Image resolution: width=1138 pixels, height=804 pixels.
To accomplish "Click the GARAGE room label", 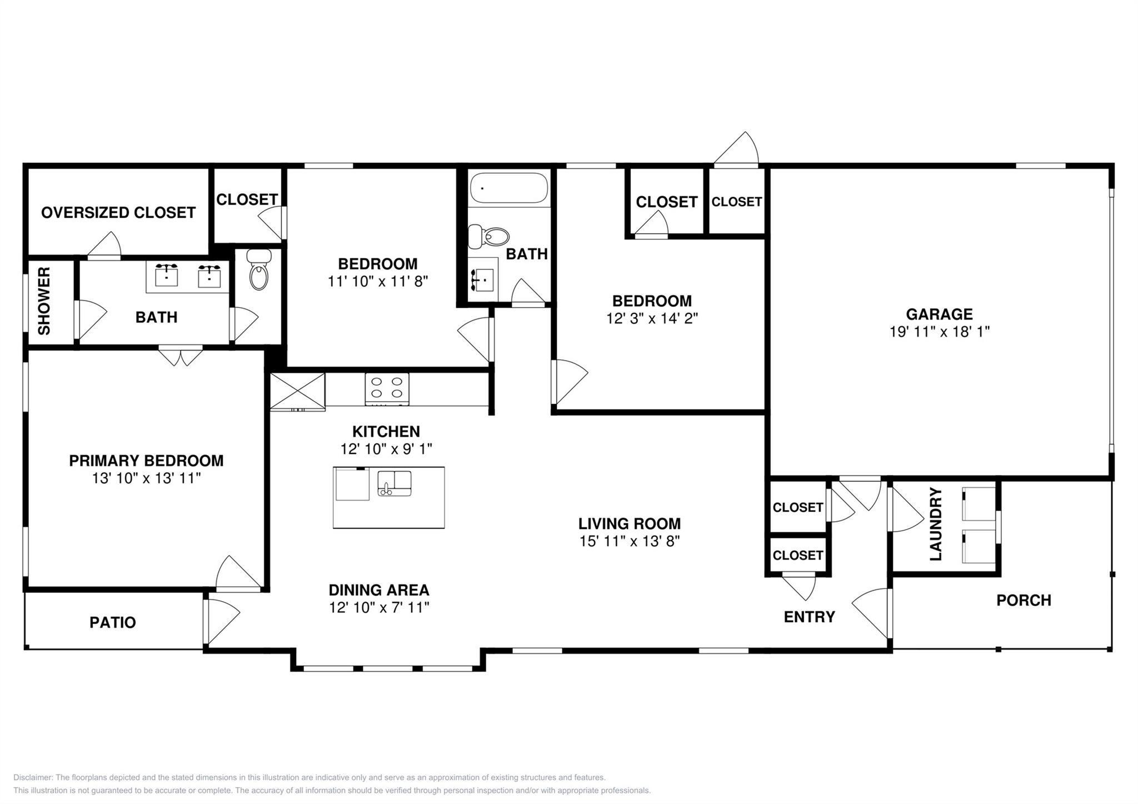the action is point(939,314).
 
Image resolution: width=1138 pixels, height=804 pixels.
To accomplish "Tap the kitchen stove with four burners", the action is point(387,388).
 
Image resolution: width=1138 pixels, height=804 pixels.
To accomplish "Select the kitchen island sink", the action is point(395,483).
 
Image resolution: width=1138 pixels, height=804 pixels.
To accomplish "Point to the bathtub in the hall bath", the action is point(509,188).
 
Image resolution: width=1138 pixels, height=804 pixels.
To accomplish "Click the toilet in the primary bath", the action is point(259,269).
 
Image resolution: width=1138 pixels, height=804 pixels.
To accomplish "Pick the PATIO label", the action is point(113,622).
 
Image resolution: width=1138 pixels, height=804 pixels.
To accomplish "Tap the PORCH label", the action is point(1024,600).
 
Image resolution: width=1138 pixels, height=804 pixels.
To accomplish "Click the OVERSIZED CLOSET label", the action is point(118,212).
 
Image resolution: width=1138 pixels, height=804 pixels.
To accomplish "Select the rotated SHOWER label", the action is point(44,301).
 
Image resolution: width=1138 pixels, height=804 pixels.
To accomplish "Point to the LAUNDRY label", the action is point(936,524).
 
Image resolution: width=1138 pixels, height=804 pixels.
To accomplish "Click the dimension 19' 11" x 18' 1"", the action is point(940,332).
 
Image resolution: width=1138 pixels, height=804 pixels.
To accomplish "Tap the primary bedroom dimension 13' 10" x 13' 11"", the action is point(146,478).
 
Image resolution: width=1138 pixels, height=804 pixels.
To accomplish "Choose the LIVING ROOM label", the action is point(630,523).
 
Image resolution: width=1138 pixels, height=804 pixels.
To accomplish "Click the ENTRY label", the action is point(809,617).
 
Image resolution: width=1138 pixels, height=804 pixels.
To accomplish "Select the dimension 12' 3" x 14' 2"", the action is point(652,318).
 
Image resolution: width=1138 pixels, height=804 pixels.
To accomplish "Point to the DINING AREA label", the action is point(379,590).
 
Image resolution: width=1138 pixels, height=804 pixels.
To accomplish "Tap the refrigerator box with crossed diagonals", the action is point(298,392).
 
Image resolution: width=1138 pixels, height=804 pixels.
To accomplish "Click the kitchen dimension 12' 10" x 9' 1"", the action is point(386,449).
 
